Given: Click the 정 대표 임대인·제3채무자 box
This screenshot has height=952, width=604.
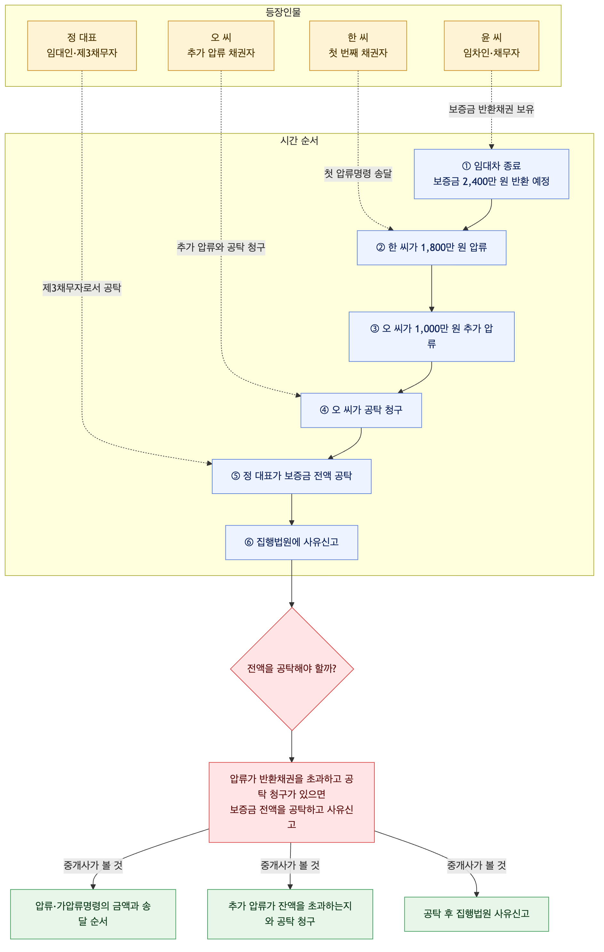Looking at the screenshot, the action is tap(82, 45).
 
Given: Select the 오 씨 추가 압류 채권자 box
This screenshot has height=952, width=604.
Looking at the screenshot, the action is tap(221, 45).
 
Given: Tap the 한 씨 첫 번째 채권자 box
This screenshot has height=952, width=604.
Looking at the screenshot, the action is tap(358, 45).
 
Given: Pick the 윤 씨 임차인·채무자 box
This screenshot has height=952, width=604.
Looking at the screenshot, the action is tap(491, 45).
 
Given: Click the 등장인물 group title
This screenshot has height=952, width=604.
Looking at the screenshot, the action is tap(283, 12).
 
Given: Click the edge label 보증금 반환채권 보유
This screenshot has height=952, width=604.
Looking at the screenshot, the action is tap(491, 109).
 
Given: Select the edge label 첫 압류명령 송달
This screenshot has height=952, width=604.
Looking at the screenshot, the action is tap(358, 173).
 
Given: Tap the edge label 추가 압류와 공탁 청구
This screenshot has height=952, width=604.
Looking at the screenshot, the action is tap(221, 247).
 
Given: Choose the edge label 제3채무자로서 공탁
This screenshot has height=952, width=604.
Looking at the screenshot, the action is tap(82, 288).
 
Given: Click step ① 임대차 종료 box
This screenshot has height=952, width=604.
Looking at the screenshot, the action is tap(491, 174).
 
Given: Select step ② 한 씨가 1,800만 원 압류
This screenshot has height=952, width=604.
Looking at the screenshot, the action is tap(431, 248).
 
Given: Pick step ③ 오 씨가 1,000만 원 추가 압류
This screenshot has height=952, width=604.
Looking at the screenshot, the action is tap(431, 336).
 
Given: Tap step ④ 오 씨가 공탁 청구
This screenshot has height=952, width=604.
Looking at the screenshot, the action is tap(361, 410).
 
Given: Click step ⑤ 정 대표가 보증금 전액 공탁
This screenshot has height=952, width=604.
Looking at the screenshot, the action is tap(291, 476).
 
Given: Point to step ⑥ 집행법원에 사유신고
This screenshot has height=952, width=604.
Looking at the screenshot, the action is tap(291, 542).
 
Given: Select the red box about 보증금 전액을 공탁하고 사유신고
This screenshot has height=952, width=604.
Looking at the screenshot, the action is tap(291, 802).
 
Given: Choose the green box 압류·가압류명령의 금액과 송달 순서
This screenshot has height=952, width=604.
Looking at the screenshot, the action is tap(93, 914).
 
